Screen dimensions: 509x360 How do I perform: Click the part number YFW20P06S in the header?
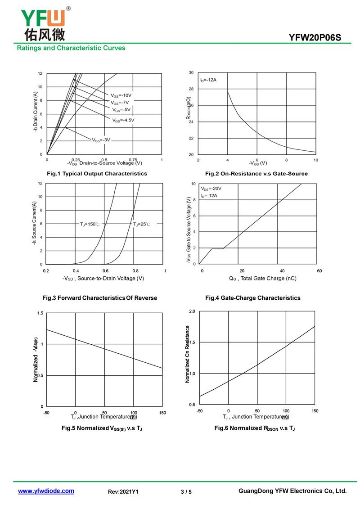tap(315, 38)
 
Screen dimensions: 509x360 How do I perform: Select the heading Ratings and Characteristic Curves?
tap(71, 48)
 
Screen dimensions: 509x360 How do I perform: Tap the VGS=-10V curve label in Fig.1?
tap(121, 95)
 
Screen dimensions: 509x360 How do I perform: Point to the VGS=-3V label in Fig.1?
tap(101, 140)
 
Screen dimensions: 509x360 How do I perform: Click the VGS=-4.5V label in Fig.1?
tap(123, 120)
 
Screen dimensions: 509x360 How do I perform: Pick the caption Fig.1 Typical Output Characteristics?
tap(97, 173)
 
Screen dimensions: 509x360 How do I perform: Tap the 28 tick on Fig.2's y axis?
tap(191, 89)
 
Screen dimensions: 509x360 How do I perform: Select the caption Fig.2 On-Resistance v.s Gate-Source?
tap(256, 173)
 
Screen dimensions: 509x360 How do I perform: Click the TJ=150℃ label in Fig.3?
tap(90, 224)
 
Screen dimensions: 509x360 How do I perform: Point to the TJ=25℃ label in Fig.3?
tap(141, 224)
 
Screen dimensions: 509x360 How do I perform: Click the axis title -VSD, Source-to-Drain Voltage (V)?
tap(103, 279)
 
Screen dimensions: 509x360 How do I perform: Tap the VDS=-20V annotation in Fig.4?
tap(211, 189)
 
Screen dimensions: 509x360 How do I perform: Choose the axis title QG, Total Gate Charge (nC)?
tap(262, 279)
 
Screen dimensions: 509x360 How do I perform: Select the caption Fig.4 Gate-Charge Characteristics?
tap(252, 298)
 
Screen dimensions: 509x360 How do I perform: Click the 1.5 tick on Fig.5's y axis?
tap(40, 313)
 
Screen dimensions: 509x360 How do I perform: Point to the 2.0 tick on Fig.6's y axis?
tap(192, 311)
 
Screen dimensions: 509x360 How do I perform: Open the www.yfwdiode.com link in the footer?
tap(46, 491)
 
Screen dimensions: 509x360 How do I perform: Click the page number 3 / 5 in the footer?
tap(186, 492)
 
